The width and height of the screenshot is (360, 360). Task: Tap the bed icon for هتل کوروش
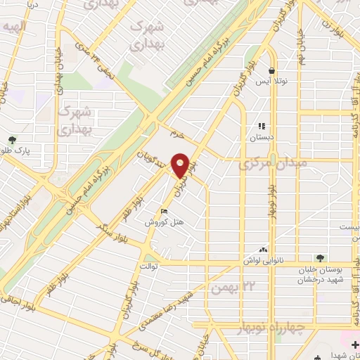tap(165, 212)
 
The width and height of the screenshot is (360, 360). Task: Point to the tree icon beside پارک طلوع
tap(12, 139)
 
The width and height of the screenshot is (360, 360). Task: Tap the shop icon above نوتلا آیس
tap(271, 70)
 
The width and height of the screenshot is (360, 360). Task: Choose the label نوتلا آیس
tap(271, 82)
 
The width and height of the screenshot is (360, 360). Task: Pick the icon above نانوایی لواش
tap(264, 249)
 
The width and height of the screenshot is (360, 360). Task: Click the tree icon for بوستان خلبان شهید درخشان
tap(321, 258)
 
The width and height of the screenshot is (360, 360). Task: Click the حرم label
tap(176, 132)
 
